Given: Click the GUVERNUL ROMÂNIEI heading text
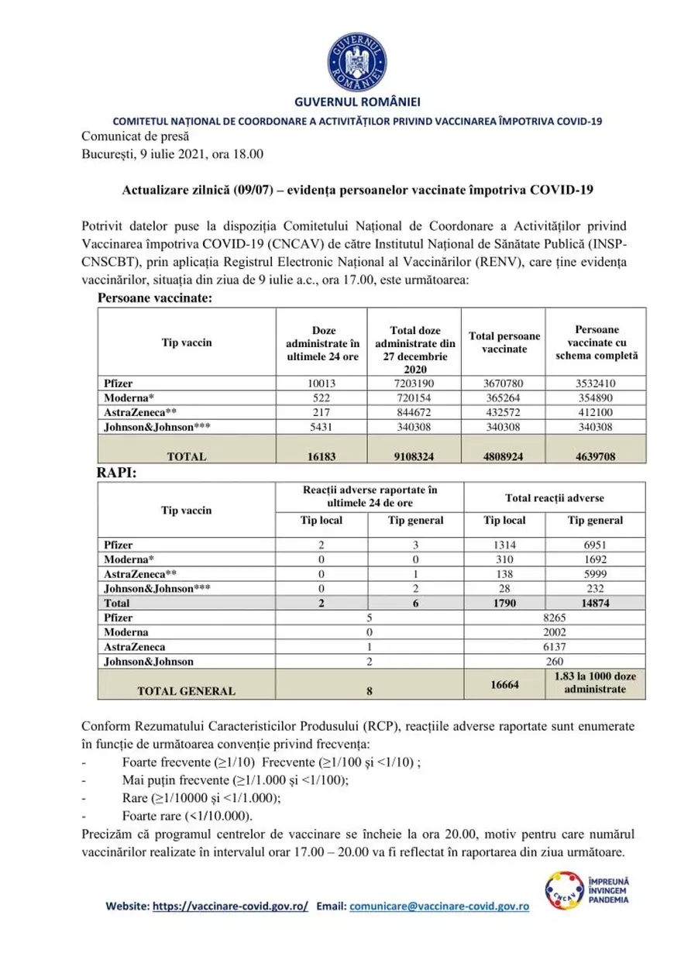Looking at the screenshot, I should tap(357, 102).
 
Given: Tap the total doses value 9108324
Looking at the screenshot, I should tap(414, 456).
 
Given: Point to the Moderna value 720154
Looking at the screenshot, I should tap(414, 397).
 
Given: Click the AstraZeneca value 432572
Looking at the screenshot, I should tap(503, 412).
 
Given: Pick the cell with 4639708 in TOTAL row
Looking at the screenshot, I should tap(595, 456).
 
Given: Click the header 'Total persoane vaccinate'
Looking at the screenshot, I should tap(503, 342).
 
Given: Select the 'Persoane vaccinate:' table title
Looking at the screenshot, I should tap(155, 298).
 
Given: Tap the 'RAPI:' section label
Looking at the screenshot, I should tap(116, 473).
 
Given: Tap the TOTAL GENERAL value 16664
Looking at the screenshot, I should tap(504, 684).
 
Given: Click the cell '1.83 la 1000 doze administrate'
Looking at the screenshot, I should tap(595, 683).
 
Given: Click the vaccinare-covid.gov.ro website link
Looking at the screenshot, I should tap(230, 906).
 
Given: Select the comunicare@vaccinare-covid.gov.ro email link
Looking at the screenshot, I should tap(439, 906).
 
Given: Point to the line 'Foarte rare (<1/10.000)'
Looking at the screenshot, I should tap(187, 817).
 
